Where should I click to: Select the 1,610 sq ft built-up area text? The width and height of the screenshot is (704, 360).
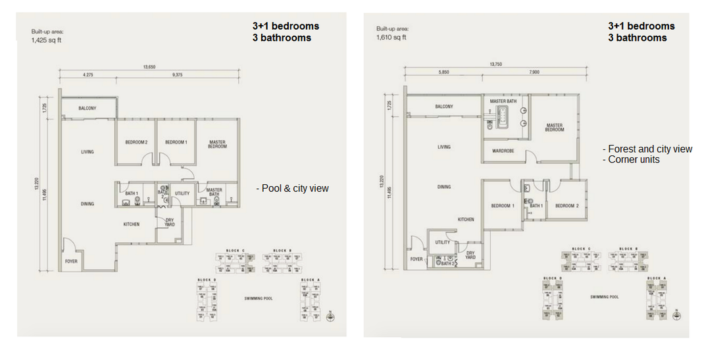[391, 37]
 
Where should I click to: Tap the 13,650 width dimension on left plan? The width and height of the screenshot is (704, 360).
[149, 66]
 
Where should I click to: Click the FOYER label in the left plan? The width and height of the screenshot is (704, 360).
[70, 261]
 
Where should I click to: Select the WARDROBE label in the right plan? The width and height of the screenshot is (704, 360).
[503, 151]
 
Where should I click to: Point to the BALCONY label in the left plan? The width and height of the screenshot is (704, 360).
[88, 108]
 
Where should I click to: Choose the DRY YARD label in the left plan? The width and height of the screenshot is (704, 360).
[169, 222]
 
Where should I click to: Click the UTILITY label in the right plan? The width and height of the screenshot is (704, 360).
[443, 242]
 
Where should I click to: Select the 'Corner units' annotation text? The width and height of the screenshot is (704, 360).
[632, 160]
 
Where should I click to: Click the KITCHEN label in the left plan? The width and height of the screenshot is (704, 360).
[132, 224]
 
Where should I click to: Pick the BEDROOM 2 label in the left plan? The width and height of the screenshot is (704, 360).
[136, 142]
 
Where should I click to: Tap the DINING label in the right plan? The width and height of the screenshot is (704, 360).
[444, 187]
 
